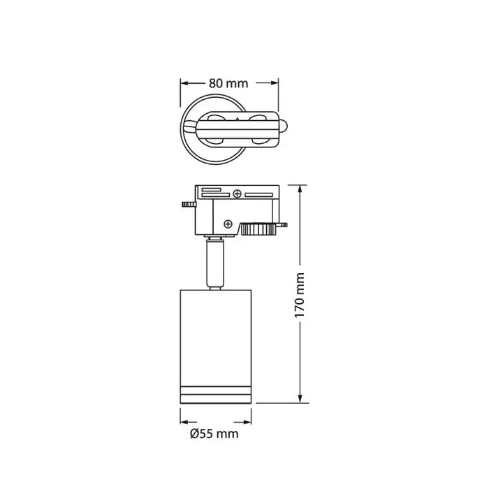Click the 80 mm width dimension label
[x=228, y=83]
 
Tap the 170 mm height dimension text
[x=300, y=295]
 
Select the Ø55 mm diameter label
[x=214, y=434]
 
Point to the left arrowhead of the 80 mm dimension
[x=185, y=83]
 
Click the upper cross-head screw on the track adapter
[x=238, y=194]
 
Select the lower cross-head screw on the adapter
[x=228, y=224]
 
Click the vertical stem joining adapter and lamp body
[x=216, y=264]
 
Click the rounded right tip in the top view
[x=282, y=130]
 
